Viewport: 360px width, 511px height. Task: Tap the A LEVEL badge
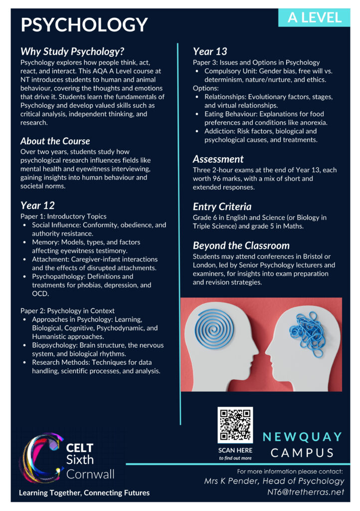315,17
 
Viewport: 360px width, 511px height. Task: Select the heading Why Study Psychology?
72,51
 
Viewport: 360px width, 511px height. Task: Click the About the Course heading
55,141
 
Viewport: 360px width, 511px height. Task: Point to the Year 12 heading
37,205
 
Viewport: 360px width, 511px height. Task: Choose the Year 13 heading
210,51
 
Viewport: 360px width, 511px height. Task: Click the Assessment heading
218,159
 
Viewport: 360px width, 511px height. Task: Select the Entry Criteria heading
222,207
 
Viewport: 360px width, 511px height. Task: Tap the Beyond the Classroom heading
241,246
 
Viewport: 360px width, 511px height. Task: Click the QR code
235,425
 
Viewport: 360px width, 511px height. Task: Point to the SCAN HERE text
235,450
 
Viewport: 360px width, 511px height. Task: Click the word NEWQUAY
303,437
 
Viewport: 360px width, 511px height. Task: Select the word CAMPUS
303,453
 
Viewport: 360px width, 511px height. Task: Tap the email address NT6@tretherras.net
306,492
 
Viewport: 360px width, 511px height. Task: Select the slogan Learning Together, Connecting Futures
84,493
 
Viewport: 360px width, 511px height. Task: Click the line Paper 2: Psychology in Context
67,310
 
